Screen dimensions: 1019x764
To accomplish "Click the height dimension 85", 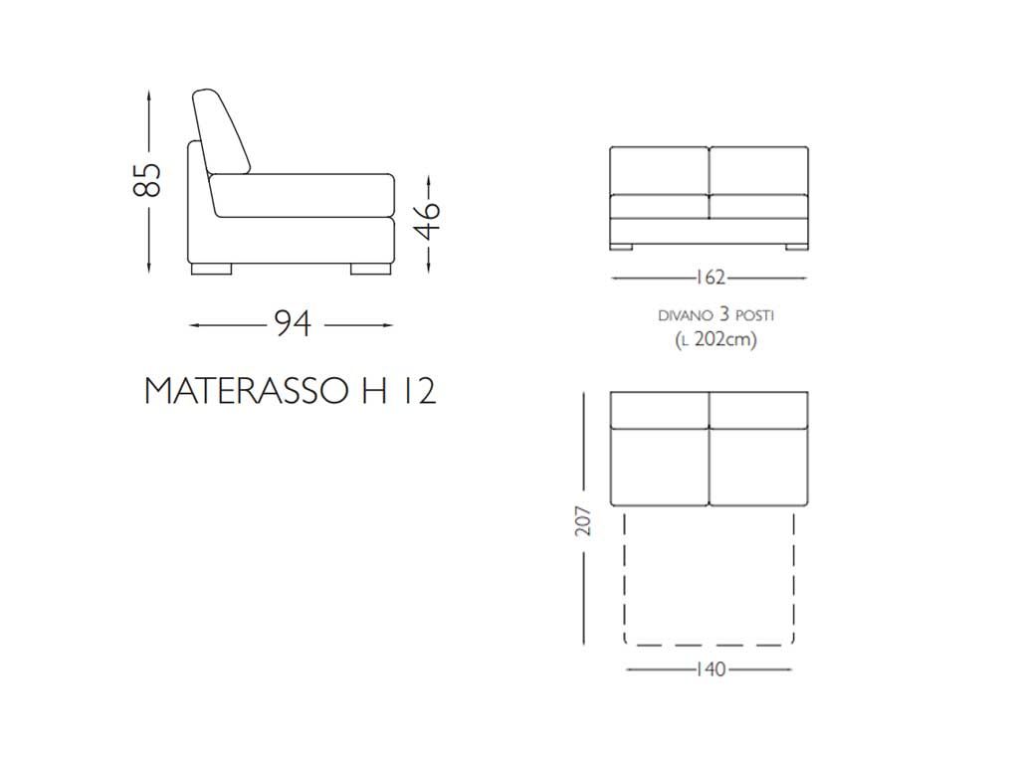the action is point(147,179).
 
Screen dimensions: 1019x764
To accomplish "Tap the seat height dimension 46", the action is point(428,221).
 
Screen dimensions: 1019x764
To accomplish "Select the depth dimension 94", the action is point(293,323).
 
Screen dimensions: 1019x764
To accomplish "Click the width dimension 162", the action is point(710,278).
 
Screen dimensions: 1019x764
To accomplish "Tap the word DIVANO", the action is point(686,315).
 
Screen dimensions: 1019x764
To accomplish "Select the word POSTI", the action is point(754,315).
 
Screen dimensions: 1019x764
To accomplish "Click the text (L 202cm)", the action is point(715,339).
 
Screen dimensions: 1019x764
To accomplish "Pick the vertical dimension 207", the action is point(583,520).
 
